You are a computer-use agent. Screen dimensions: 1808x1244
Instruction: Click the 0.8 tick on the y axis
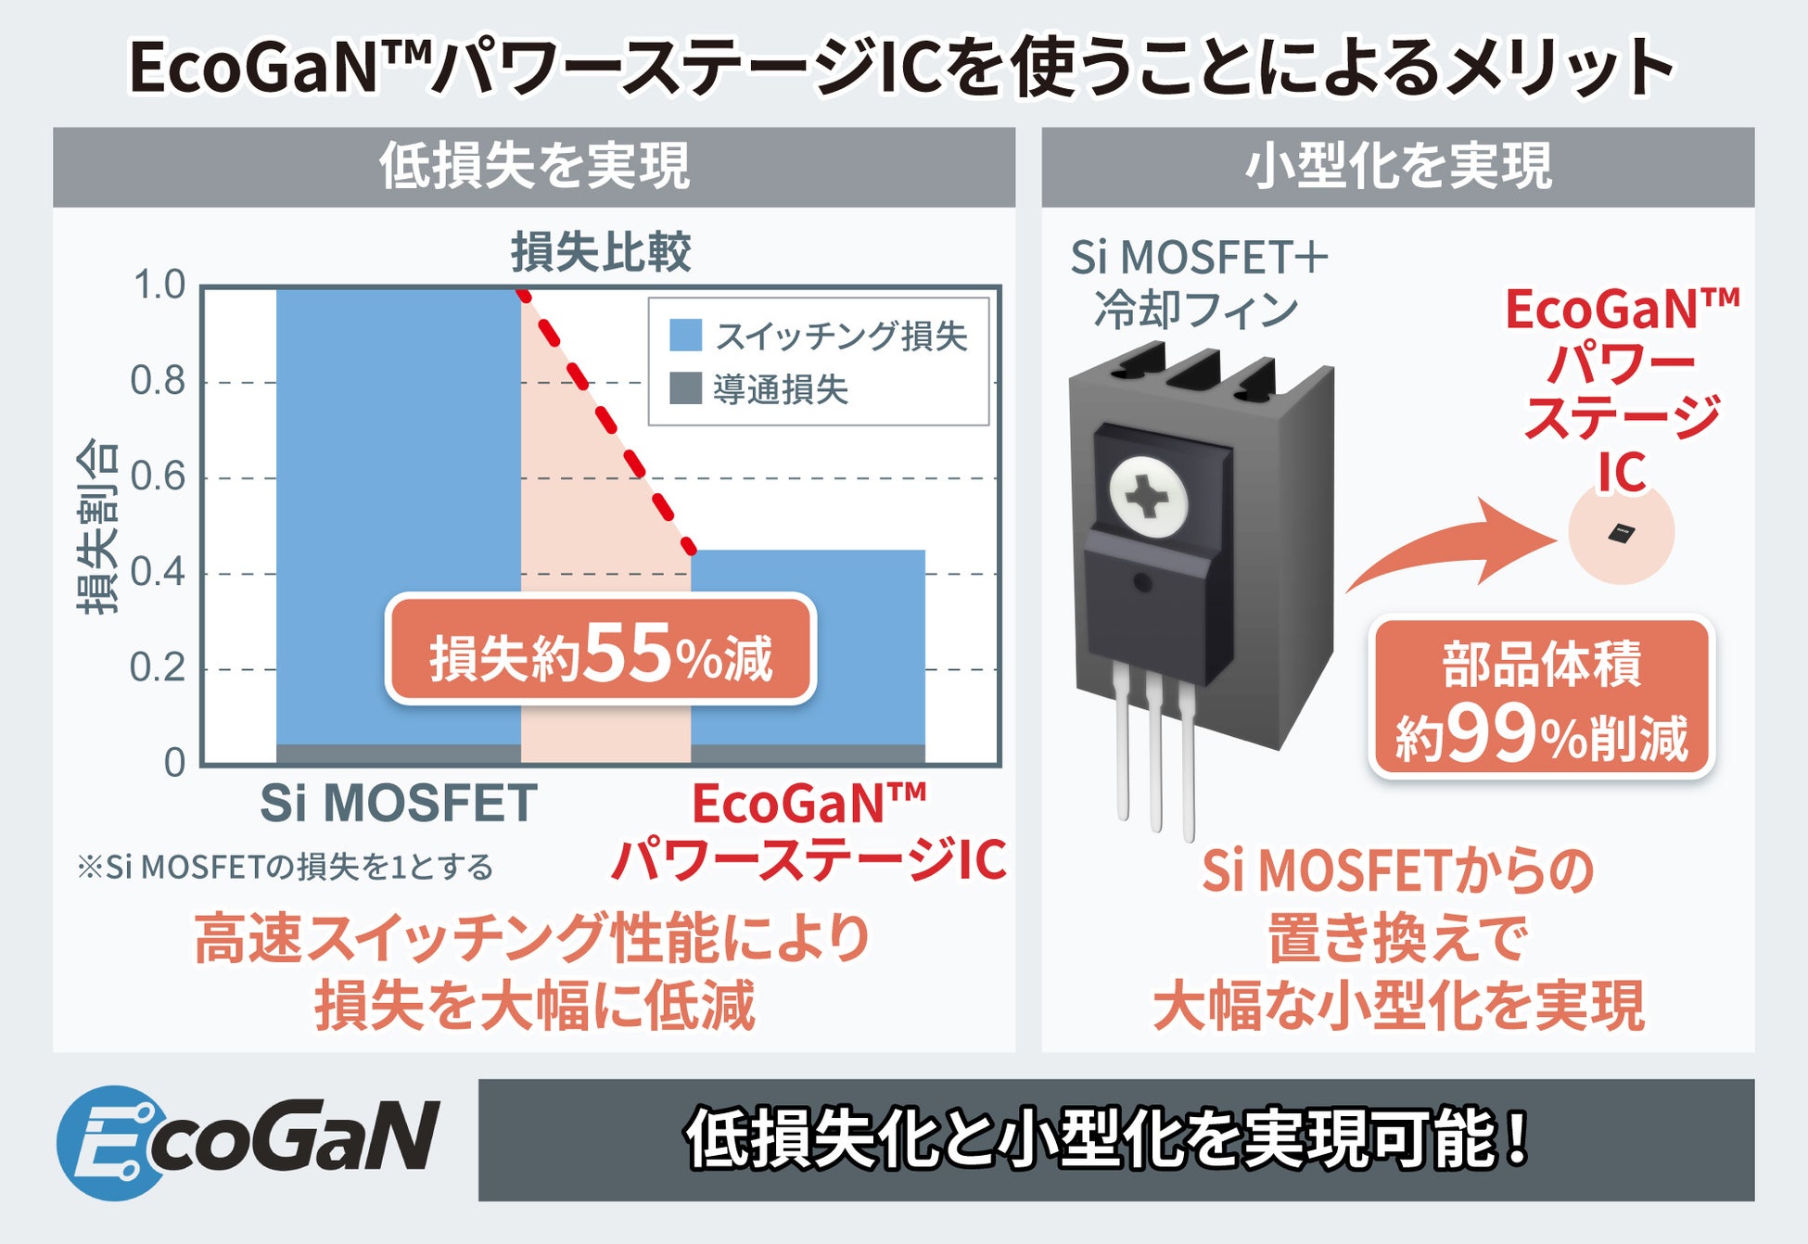tap(158, 381)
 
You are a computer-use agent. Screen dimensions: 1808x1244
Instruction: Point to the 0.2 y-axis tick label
tap(158, 667)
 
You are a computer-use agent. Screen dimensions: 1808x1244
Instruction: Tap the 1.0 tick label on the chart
tap(159, 286)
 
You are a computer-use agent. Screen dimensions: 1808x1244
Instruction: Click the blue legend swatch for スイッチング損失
tap(685, 335)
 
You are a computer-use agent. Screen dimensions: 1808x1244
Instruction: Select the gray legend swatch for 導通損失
tap(685, 388)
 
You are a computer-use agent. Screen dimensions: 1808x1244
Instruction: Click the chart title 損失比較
tap(601, 252)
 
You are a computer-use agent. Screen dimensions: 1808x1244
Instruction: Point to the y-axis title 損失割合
tap(97, 526)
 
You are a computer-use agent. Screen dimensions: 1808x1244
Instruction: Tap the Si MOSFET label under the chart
tap(399, 803)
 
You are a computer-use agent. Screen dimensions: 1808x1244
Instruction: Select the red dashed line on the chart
tap(607, 422)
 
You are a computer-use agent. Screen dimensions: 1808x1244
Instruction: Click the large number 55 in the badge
tap(629, 654)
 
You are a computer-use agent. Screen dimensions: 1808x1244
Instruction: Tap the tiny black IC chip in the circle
tap(1622, 533)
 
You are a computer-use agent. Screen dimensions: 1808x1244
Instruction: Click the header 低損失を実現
tap(534, 167)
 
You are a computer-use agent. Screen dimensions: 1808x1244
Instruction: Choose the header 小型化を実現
tap(1397, 167)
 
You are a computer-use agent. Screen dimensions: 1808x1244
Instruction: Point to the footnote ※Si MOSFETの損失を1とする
tap(286, 868)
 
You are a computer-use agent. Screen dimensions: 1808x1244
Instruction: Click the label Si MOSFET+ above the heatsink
tap(1199, 258)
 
